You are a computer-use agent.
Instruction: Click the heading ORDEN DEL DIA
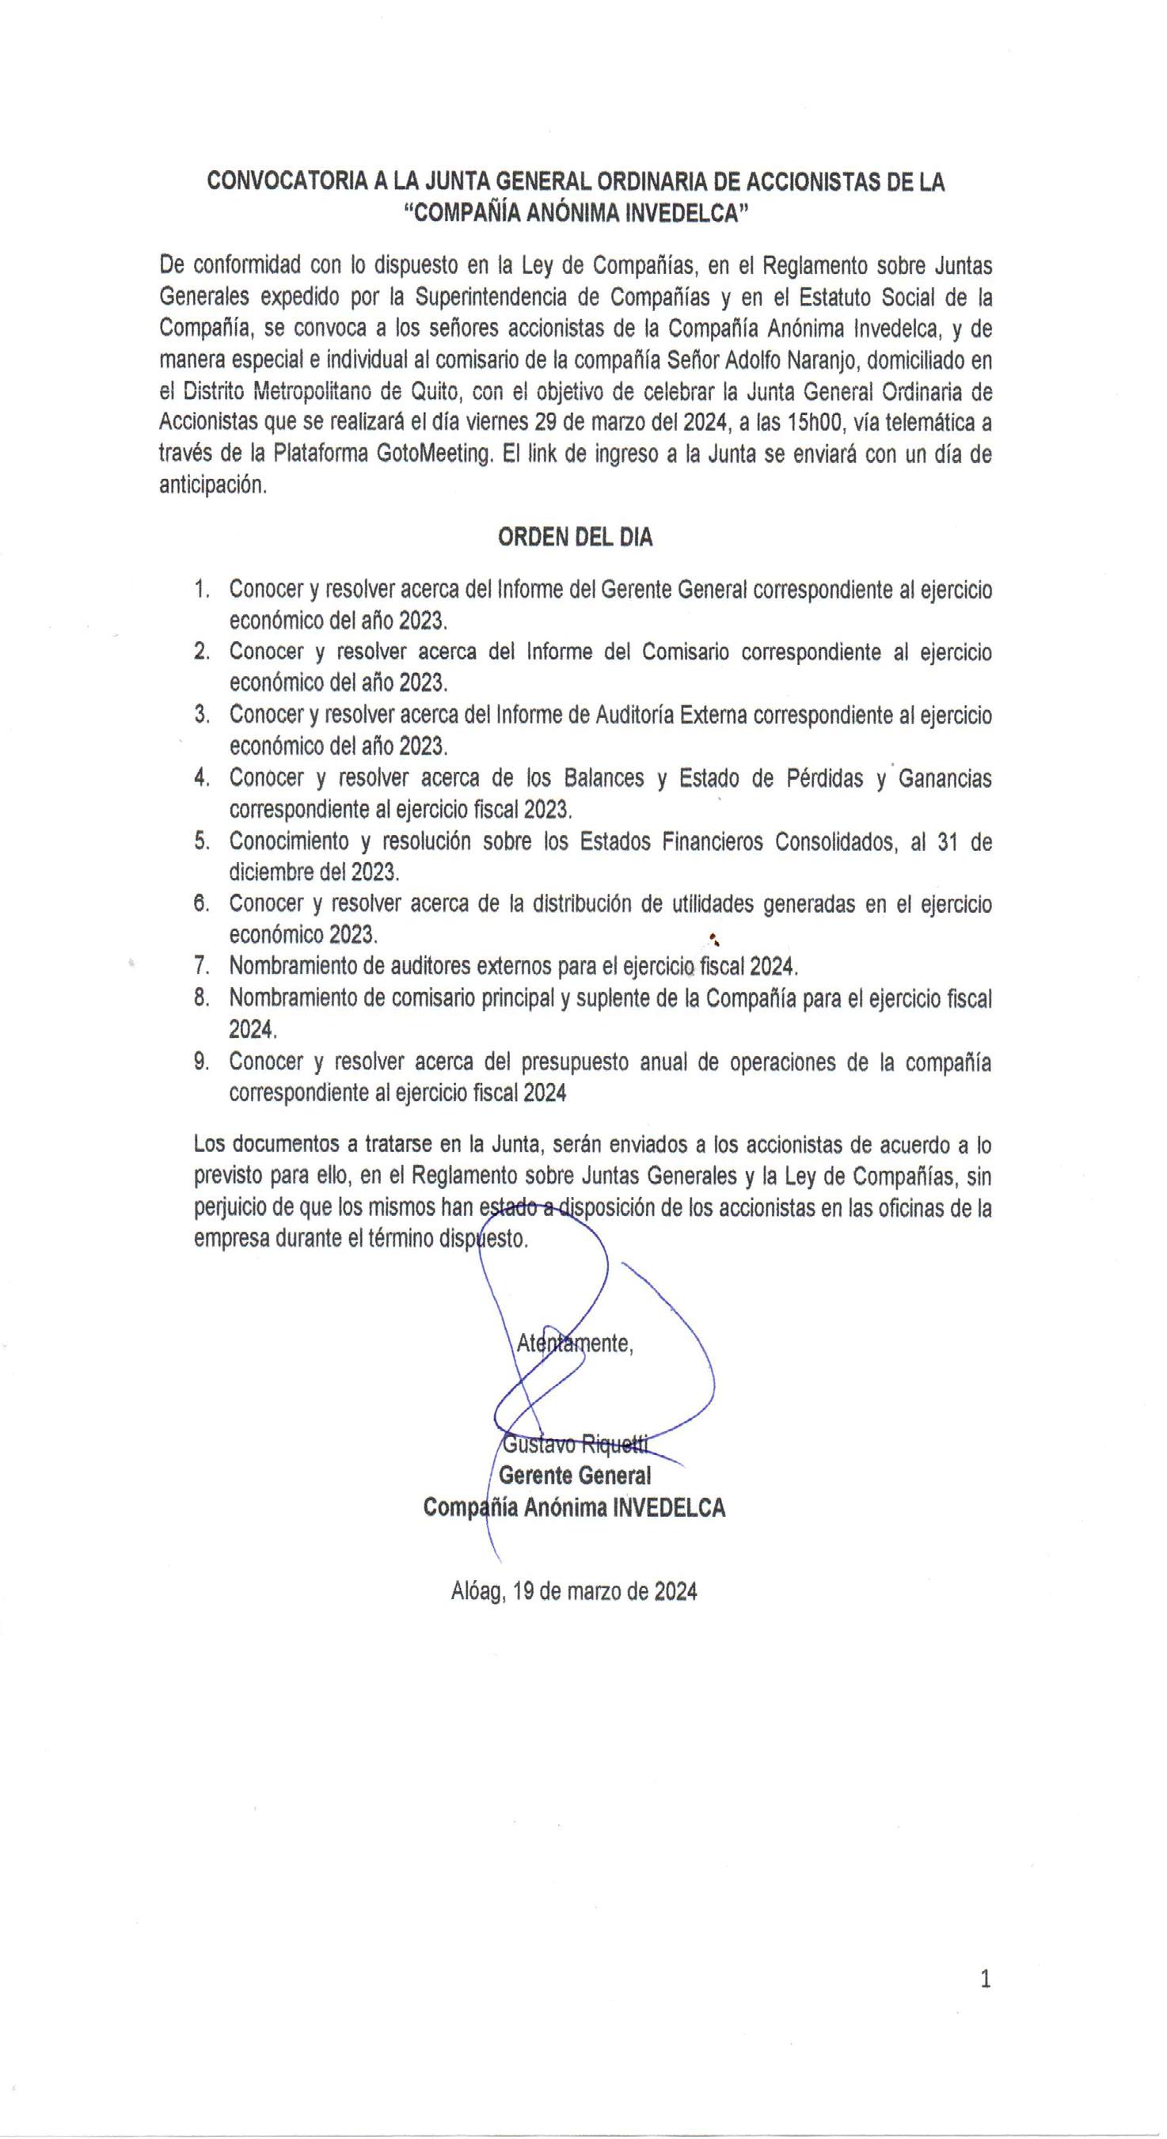click(575, 538)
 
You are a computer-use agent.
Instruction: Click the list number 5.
click(201, 842)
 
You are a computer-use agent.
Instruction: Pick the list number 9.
click(201, 1062)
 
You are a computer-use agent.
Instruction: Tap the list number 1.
click(201, 590)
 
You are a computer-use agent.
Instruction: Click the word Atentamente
click(575, 1343)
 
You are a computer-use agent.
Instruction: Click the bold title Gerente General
click(575, 1476)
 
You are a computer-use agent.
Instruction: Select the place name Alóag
click(477, 1591)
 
